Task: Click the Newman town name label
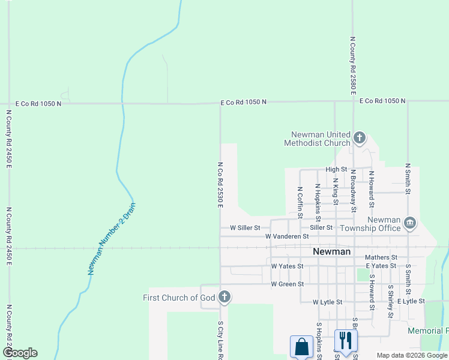332,251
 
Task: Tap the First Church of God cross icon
224,296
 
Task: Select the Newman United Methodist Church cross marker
359,138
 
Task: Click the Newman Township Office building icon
410,223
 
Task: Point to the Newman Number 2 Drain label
112,239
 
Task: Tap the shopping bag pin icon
301,347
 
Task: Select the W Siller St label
245,228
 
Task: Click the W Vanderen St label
295,237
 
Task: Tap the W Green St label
288,284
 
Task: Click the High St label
336,170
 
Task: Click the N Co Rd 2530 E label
220,185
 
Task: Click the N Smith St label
408,179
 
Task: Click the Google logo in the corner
20,352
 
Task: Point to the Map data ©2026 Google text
412,355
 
